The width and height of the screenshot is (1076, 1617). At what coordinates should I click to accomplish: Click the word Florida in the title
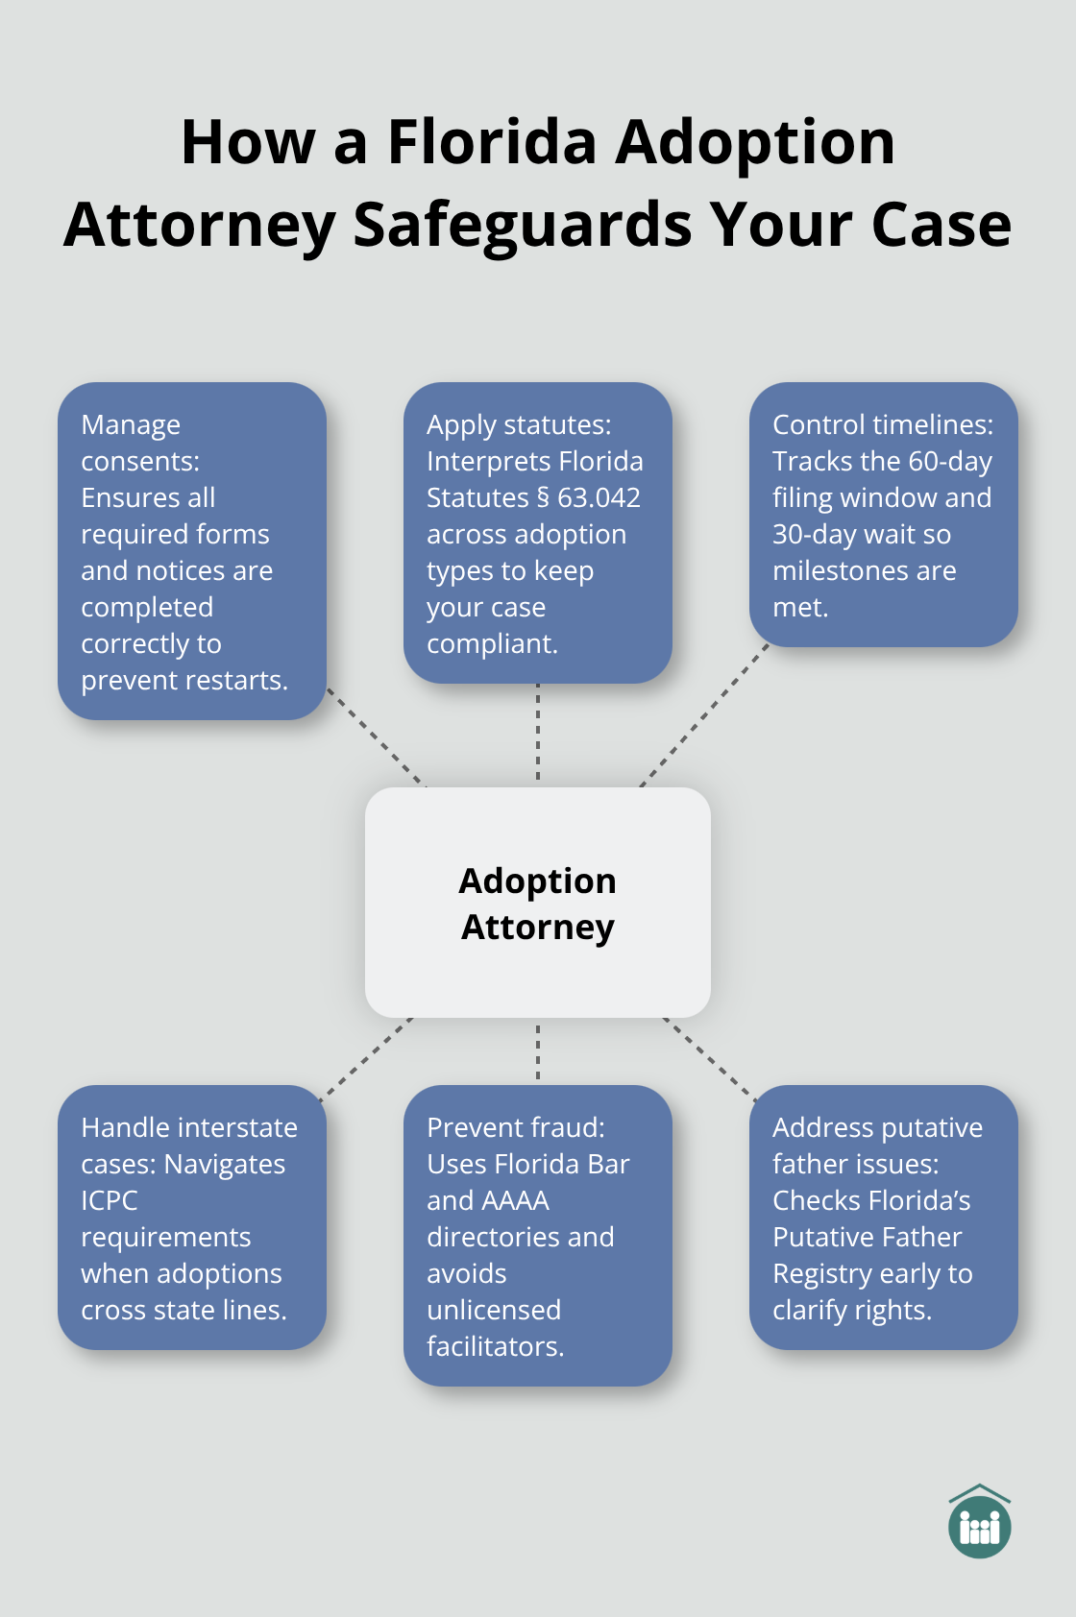[x=492, y=142]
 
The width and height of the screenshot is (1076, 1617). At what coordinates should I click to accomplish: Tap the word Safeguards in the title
[x=522, y=227]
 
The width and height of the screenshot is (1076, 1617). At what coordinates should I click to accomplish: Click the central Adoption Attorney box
[x=537, y=902]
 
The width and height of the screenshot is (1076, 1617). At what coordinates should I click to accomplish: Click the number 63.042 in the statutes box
[x=599, y=497]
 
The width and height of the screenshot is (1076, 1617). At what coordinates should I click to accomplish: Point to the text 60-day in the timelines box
[x=949, y=461]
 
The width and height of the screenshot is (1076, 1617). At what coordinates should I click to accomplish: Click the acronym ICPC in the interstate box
[x=110, y=1200]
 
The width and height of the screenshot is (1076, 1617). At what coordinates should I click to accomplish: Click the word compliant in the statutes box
[x=491, y=643]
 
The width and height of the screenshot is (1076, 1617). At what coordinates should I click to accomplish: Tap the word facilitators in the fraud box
[x=495, y=1346]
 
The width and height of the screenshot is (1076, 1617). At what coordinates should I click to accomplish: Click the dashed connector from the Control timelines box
[x=704, y=715]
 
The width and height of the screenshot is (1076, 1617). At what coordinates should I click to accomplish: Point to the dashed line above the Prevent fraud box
[x=538, y=1051]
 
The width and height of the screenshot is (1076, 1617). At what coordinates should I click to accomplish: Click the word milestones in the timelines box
[x=836, y=570]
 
